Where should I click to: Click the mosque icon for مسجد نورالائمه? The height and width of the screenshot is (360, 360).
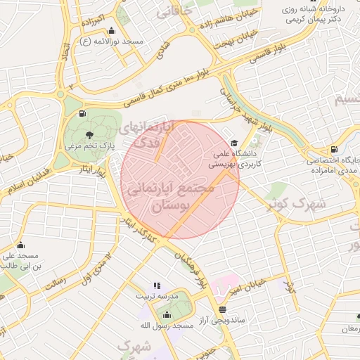coord(111,31)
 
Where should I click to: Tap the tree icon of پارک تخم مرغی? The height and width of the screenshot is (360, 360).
coord(89,134)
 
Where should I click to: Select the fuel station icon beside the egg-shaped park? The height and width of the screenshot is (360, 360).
coord(84,113)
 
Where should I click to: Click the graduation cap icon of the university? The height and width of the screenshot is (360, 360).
coord(234,142)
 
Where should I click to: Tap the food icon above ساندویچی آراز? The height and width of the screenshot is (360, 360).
coord(223,309)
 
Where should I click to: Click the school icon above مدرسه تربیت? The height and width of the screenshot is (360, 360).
coord(157,286)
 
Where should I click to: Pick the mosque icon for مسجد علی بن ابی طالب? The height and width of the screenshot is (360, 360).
coord(20,245)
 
